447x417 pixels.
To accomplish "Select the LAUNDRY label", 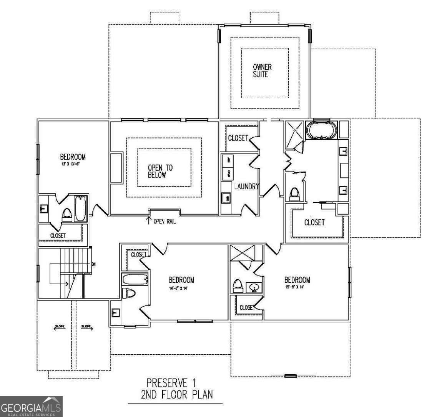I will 247,187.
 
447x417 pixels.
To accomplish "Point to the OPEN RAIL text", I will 165,222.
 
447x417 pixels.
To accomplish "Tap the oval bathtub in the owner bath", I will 321,130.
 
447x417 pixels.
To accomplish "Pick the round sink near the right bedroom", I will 254,287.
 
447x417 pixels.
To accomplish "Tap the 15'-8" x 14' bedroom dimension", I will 297,287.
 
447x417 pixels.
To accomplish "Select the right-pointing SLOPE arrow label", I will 86,327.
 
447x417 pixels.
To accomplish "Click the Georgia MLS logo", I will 31,406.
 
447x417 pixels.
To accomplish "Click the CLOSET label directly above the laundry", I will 238,138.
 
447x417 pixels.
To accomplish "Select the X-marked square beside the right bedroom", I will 246,254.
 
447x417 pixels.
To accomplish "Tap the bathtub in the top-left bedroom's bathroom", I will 80,208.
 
